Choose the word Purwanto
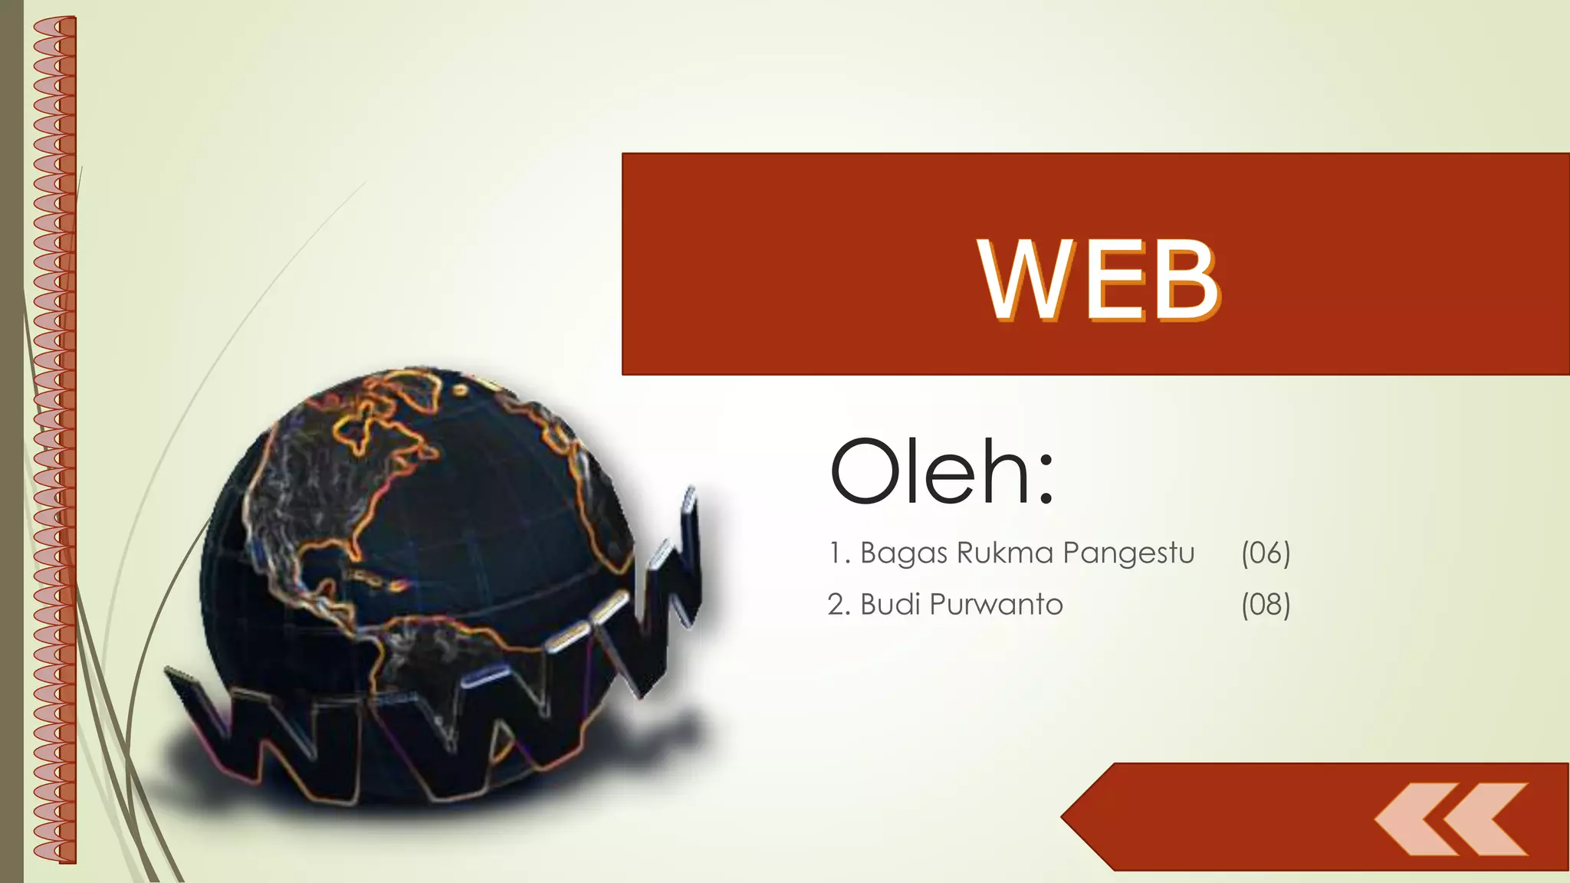(996, 605)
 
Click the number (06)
(1266, 553)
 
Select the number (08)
(1266, 605)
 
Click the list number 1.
(837, 553)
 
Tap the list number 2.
(837, 605)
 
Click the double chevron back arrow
(1451, 819)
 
